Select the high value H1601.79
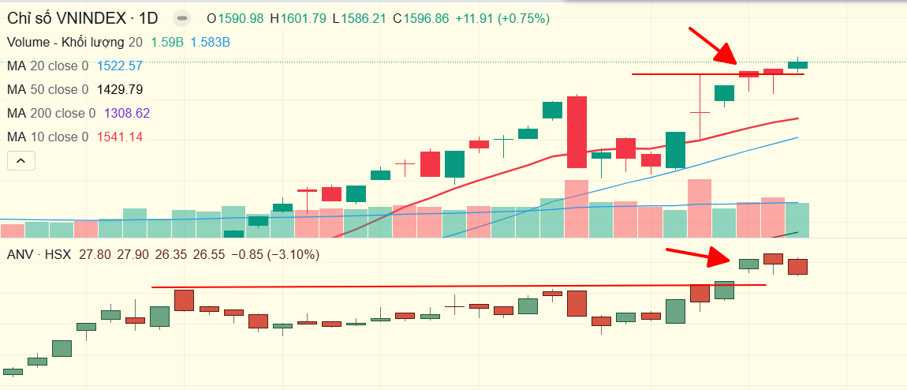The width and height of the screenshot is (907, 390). [x=297, y=18]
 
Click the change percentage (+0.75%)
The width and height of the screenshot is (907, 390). [x=522, y=18]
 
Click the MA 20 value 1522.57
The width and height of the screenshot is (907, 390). [x=119, y=66]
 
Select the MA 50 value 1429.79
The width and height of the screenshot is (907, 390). [x=119, y=90]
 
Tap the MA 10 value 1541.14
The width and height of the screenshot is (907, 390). [x=119, y=137]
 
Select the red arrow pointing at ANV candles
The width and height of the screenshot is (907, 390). [x=700, y=257]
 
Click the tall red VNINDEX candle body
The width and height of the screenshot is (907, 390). [x=577, y=132]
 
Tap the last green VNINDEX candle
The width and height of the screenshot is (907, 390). [x=797, y=65]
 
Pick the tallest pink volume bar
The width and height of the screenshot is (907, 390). [x=700, y=208]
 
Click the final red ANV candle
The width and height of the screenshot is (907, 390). [x=798, y=266]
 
